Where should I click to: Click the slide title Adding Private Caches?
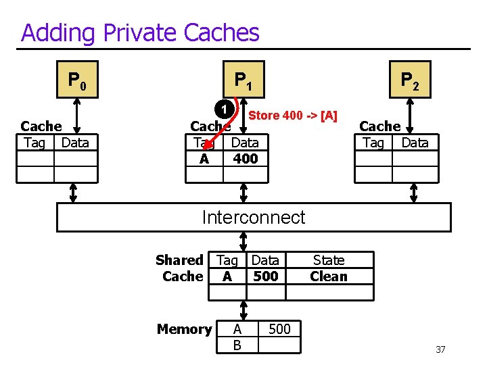pos(140,32)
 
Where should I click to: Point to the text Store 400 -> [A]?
pos(293,116)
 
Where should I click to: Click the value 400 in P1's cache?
pos(245,159)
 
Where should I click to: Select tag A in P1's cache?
pos(204,159)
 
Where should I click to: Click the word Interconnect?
pos(254,217)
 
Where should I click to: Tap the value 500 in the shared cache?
pos(265,276)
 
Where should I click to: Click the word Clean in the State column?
pos(328,276)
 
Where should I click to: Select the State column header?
pos(328,260)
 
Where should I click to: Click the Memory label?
pos(184,329)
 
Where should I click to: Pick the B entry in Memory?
pos(237,345)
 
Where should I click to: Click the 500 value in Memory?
pos(279,329)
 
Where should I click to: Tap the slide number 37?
pos(440,349)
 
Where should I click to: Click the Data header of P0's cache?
pos(75,143)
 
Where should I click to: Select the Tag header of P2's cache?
pos(373,143)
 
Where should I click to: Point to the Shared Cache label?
pos(180,268)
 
